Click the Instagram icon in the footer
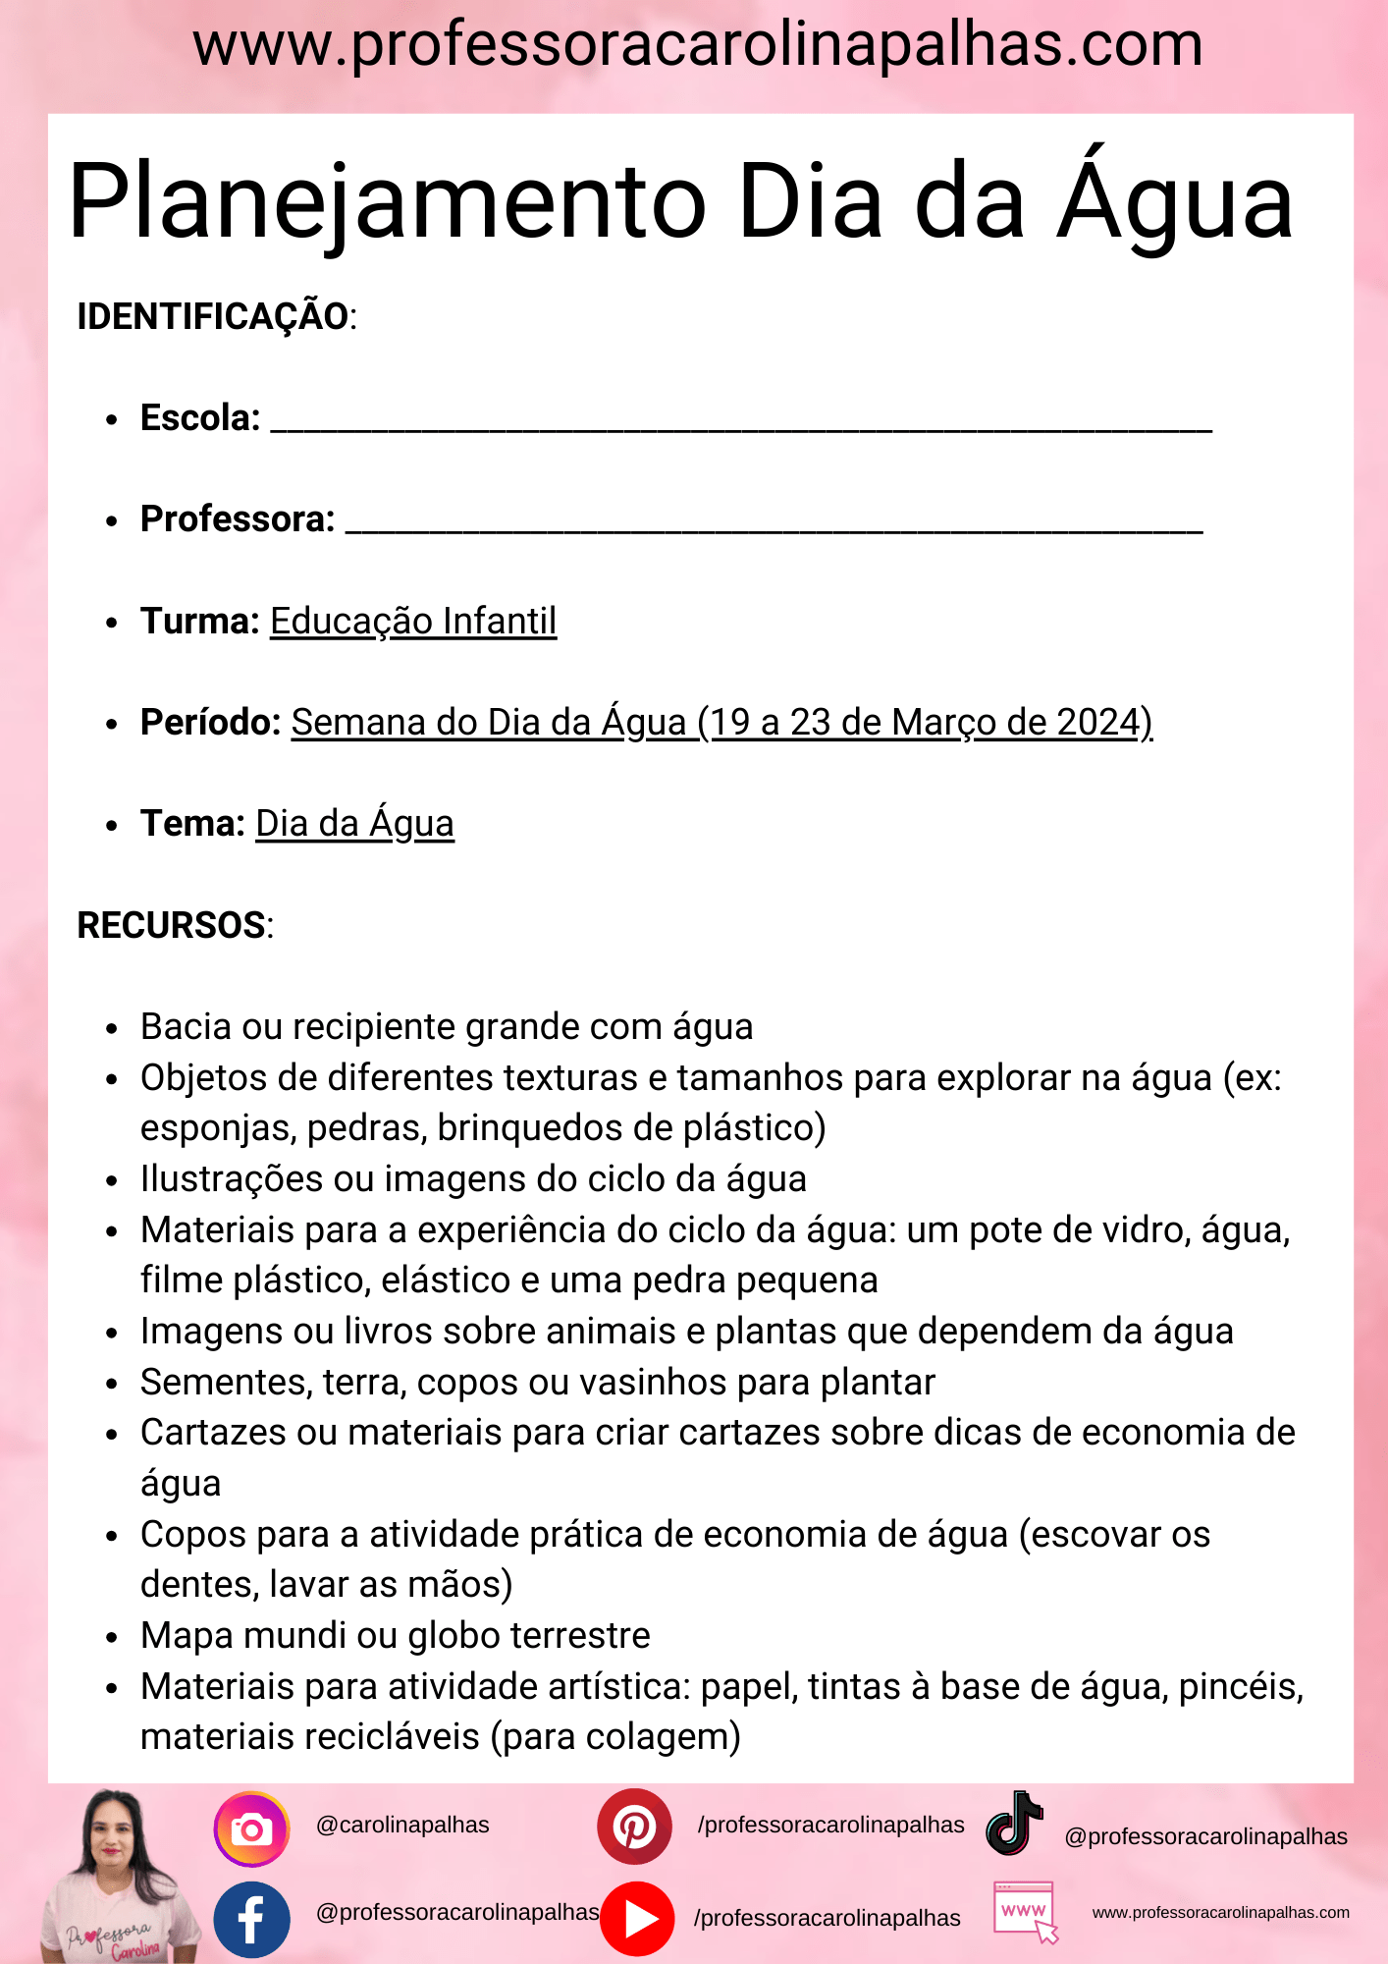point(251,1829)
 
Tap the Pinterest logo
point(634,1827)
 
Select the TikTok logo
point(1015,1825)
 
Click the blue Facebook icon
point(251,1919)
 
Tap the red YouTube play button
point(637,1918)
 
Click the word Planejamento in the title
point(387,202)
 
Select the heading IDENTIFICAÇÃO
point(213,317)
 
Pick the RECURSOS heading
point(172,925)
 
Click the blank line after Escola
point(741,424)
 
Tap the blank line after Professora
point(774,525)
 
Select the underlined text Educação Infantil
point(413,622)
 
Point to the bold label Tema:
point(192,824)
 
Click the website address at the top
point(697,45)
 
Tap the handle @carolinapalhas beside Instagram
point(402,1825)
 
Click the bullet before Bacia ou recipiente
point(112,1029)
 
